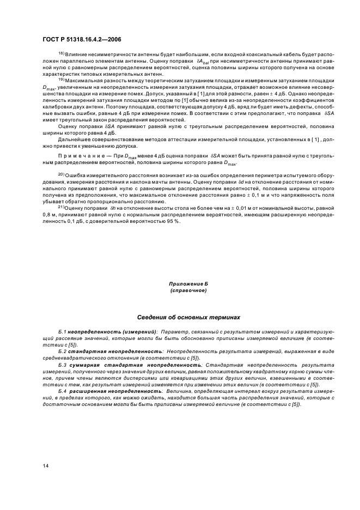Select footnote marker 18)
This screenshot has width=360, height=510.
62,55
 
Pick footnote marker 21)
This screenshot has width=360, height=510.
62,208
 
